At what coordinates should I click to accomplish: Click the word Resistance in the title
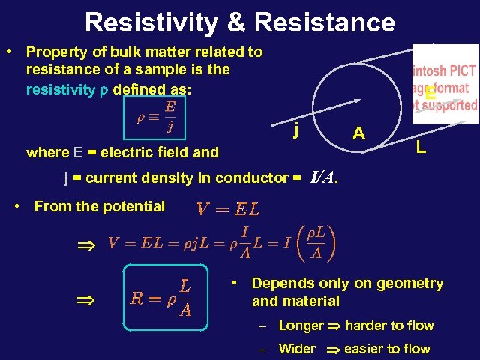[325, 22]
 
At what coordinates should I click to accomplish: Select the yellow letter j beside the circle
[297, 131]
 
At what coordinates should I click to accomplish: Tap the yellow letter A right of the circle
[359, 133]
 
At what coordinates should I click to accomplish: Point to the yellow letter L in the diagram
[421, 148]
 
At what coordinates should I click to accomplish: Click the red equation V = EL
[228, 208]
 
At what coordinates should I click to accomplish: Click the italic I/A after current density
[323, 178]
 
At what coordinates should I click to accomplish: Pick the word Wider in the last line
[297, 348]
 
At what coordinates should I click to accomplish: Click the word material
[310, 301]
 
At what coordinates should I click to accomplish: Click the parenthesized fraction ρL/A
[316, 241]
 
